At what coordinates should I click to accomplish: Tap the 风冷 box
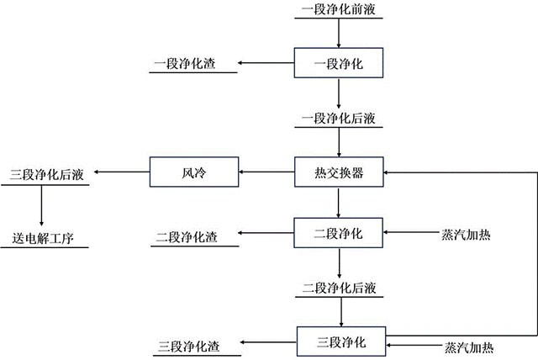point(194,174)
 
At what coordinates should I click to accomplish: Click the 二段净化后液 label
point(339,288)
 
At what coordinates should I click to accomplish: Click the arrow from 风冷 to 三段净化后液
point(121,173)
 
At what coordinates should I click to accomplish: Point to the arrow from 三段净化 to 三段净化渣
point(267,343)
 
